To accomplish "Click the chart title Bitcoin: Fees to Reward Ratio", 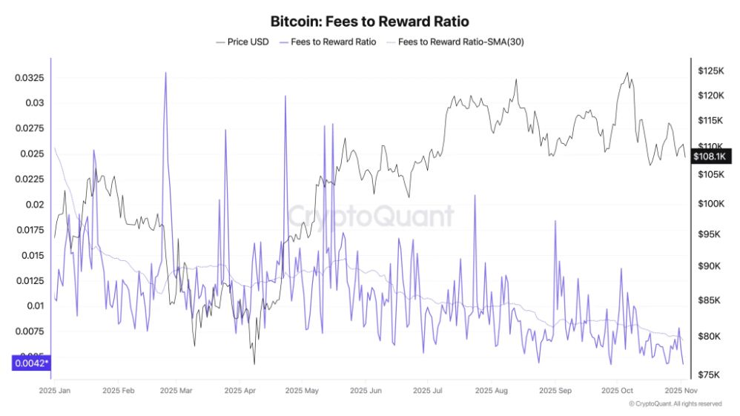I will click(369, 22).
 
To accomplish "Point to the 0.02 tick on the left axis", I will click(34, 205).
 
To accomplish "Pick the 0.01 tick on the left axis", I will click(34, 306).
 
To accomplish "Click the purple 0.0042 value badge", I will click(30, 363).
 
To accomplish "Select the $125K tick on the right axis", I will click(710, 70).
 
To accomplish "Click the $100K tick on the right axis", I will click(710, 203).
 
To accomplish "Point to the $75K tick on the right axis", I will click(708, 375).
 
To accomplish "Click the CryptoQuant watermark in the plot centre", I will click(370, 216).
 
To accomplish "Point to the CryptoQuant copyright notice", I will click(675, 404).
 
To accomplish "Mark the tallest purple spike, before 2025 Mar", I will click(165, 73).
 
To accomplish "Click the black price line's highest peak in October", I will click(627, 73).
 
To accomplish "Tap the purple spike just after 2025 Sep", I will click(555, 221).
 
